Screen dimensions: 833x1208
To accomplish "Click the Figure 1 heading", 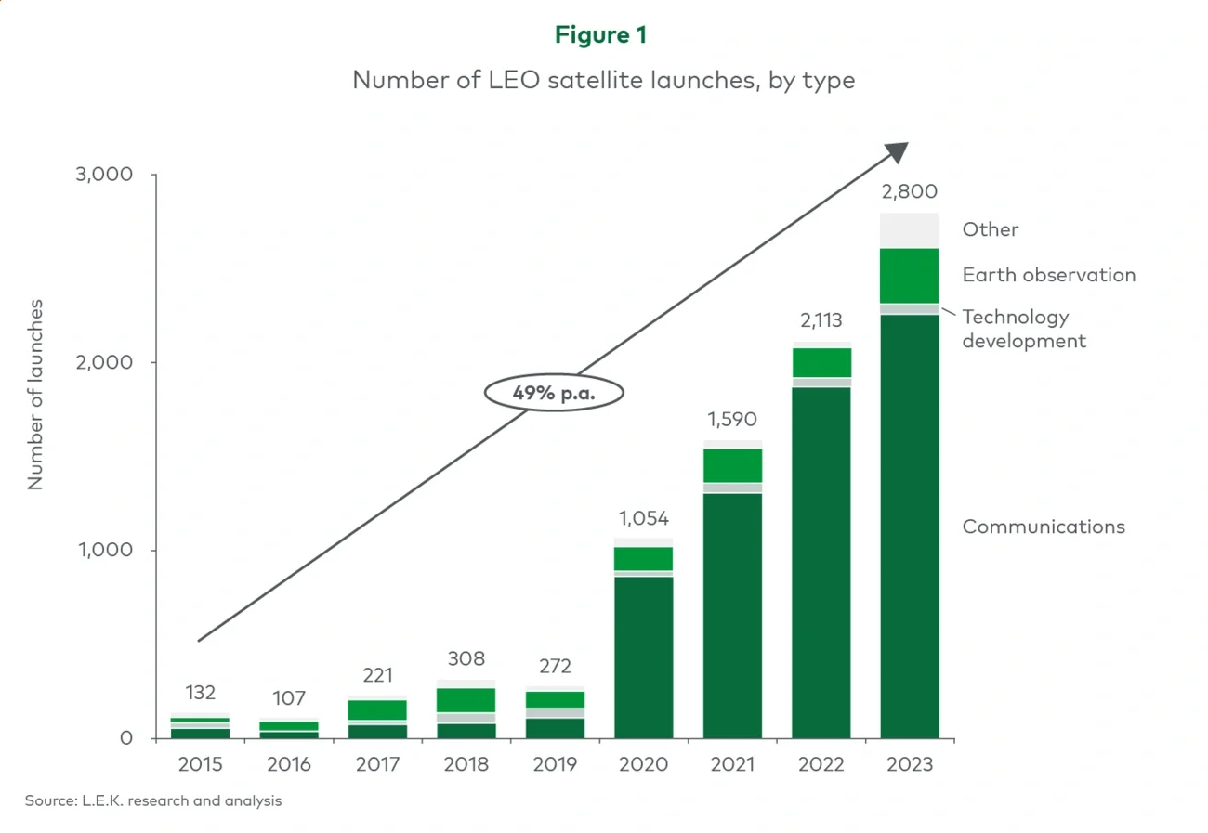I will pyautogui.click(x=601, y=35).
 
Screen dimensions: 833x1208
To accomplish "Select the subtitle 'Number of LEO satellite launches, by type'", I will pyautogui.click(x=603, y=81).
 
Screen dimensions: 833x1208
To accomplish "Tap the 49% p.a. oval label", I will pyautogui.click(x=554, y=393).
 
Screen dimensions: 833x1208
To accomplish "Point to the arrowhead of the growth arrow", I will pyautogui.click(x=899, y=152).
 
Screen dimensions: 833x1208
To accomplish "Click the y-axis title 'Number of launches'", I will pyautogui.click(x=36, y=394).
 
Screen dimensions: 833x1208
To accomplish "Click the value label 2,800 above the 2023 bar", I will pyautogui.click(x=910, y=192).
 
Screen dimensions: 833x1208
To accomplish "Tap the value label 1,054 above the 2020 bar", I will pyautogui.click(x=643, y=518).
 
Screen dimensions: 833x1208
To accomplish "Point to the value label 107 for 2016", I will pyautogui.click(x=289, y=698).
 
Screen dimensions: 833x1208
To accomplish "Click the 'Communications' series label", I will pyautogui.click(x=1044, y=527).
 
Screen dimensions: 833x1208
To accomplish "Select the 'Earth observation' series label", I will pyautogui.click(x=1049, y=275).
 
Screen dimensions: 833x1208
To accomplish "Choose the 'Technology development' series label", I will pyautogui.click(x=1024, y=329).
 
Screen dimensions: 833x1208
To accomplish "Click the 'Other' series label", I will pyautogui.click(x=991, y=229).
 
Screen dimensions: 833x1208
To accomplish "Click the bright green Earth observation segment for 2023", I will pyautogui.click(x=910, y=276).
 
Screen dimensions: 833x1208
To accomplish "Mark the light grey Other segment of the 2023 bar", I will pyautogui.click(x=910, y=230).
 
